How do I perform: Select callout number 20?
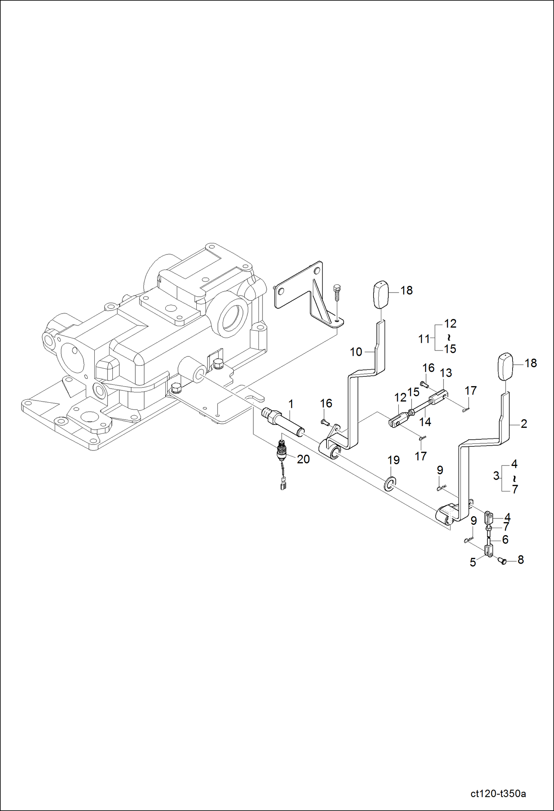click(303, 459)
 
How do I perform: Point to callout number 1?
click(291, 404)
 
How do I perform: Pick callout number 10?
click(356, 352)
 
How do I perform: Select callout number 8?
click(521, 560)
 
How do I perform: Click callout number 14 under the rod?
click(425, 422)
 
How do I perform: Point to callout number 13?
click(446, 373)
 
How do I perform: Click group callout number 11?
click(424, 339)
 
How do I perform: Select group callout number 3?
click(496, 476)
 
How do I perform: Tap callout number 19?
click(393, 460)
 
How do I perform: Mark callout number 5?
click(473, 562)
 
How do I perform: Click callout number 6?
click(505, 540)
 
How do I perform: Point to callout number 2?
click(524, 424)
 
